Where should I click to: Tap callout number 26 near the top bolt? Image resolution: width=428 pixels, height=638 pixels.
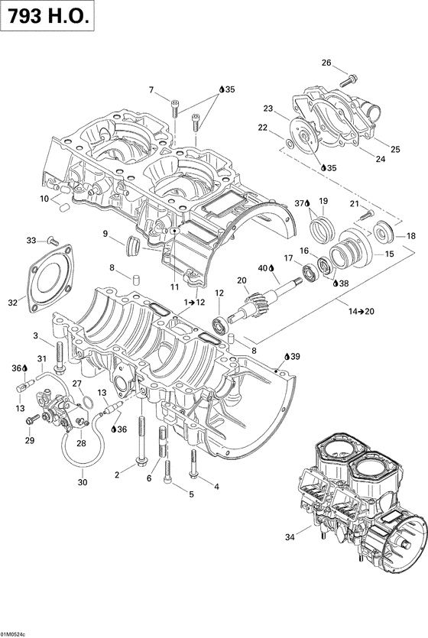click(326, 63)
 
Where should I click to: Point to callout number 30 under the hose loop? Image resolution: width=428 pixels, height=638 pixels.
click(83, 482)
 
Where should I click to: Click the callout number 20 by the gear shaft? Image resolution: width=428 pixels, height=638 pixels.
click(242, 280)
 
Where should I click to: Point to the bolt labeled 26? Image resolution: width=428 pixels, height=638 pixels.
click(349, 77)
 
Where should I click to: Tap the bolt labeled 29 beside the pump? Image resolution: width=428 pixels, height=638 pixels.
click(33, 420)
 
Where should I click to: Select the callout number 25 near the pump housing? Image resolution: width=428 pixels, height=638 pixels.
click(395, 148)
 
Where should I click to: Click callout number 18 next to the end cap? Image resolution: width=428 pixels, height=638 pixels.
click(411, 236)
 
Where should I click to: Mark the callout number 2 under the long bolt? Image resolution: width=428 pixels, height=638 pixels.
click(118, 475)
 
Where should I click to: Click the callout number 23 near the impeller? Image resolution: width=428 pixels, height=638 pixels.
click(268, 108)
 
